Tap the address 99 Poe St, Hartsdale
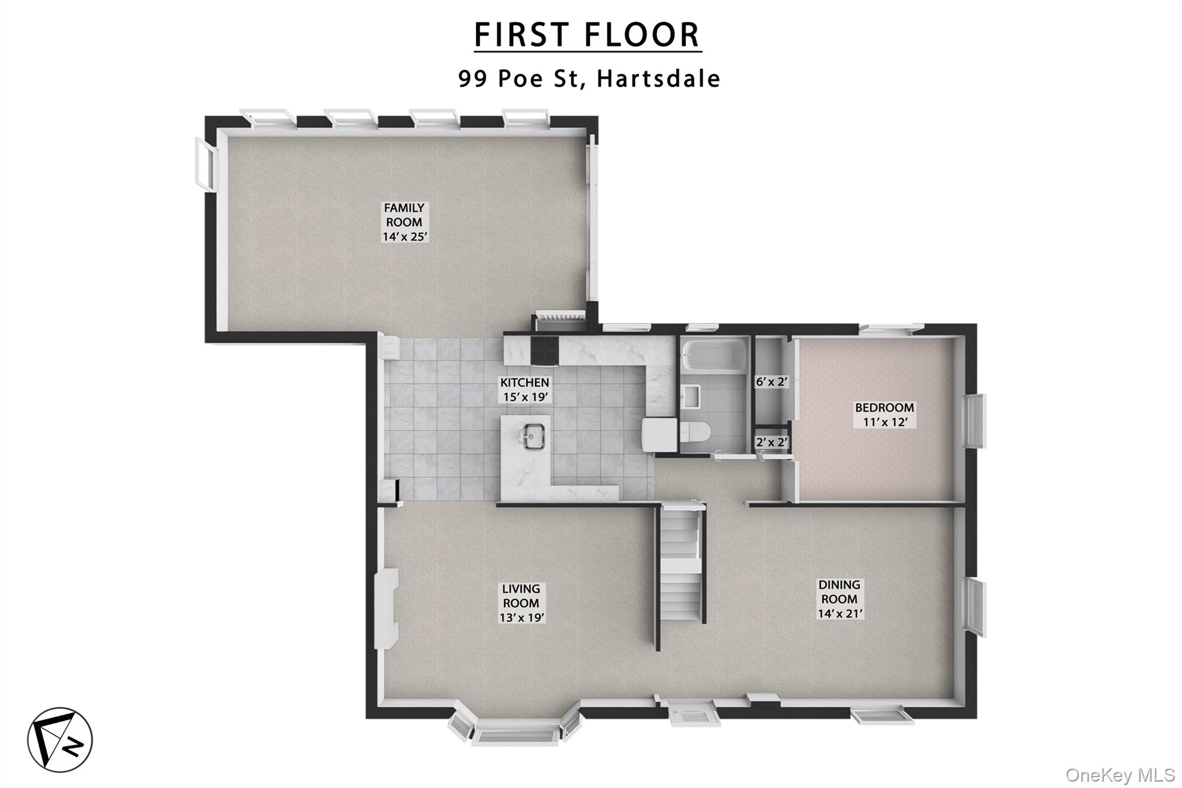coord(589,79)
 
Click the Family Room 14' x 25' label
coord(405,222)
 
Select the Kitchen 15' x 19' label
coord(525,390)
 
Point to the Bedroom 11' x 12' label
coord(884,414)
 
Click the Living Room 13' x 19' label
coord(522,603)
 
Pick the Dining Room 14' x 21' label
coord(839,599)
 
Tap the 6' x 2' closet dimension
coord(772,382)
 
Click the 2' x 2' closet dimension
coord(772,442)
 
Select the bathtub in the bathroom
coord(714,355)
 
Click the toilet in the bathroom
coord(694,432)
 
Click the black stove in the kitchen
coord(544,349)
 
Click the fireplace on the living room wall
coord(386,607)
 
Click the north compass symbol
coord(60,740)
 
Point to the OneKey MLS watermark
coord(1120,775)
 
